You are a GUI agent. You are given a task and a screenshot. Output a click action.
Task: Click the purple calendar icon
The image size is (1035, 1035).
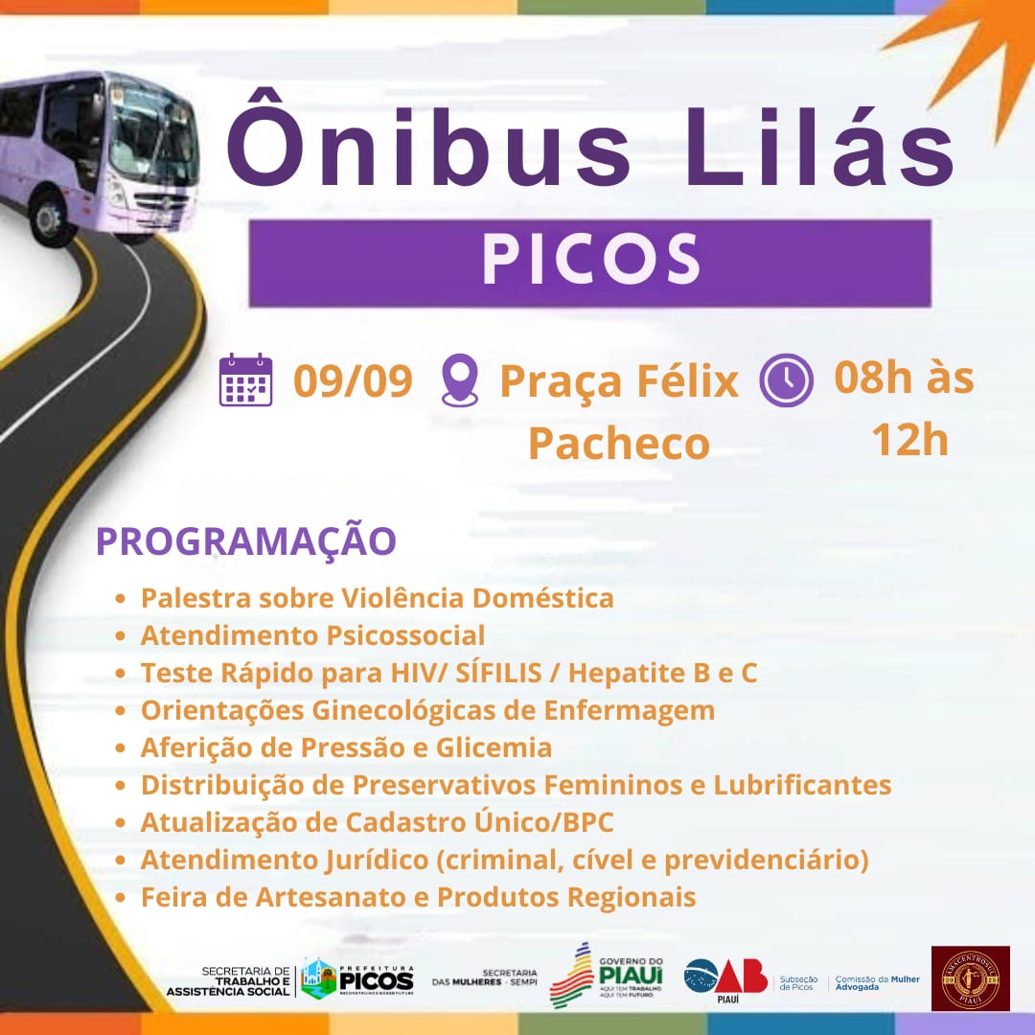pyautogui.click(x=245, y=380)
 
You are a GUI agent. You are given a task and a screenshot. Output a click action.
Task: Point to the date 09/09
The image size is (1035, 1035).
pyautogui.click(x=353, y=380)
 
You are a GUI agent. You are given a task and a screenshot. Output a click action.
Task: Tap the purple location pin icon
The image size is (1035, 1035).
pyautogui.click(x=459, y=380)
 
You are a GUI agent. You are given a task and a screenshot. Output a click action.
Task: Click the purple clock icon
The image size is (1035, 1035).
pyautogui.click(x=786, y=380)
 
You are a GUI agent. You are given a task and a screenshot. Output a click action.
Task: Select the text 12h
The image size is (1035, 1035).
pyautogui.click(x=908, y=440)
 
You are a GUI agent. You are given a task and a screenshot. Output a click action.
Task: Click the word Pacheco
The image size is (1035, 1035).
pyautogui.click(x=619, y=444)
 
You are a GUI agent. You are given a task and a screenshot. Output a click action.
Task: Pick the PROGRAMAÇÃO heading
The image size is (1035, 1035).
pyautogui.click(x=245, y=541)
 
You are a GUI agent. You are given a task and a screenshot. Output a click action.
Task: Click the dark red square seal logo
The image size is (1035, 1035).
pyautogui.click(x=970, y=978)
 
